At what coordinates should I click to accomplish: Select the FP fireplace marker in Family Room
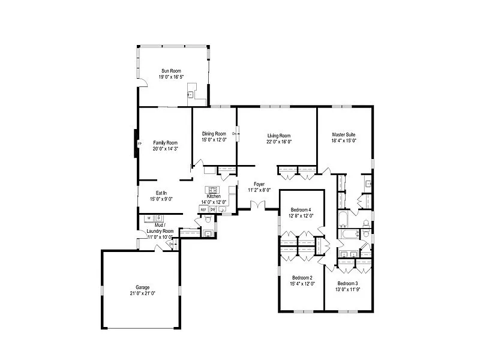click(139, 145)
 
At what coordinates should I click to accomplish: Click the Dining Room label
click(214, 134)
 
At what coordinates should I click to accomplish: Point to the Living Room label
click(279, 136)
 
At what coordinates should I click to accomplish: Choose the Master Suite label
click(344, 134)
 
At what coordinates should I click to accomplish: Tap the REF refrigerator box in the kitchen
click(203, 209)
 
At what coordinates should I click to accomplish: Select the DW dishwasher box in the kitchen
click(212, 209)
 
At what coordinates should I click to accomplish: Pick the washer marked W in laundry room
click(148, 218)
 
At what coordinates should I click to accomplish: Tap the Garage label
click(142, 287)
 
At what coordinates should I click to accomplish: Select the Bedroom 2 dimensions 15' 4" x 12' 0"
click(302, 284)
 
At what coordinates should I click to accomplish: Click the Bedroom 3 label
click(347, 283)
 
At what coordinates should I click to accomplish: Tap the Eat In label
click(161, 193)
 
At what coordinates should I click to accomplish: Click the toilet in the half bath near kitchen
click(208, 233)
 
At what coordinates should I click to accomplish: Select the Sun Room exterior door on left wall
click(142, 84)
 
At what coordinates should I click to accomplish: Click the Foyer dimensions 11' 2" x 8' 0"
click(259, 190)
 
